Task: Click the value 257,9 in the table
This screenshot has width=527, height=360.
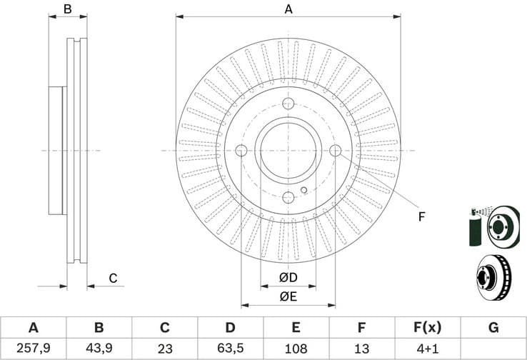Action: click(x=33, y=349)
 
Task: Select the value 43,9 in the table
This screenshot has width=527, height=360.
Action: click(x=99, y=349)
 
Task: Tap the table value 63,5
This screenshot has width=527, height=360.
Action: click(x=230, y=349)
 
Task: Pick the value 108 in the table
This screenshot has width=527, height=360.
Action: click(x=296, y=349)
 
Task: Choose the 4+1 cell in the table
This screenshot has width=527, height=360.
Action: click(x=428, y=349)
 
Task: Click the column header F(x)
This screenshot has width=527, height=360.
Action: click(x=428, y=328)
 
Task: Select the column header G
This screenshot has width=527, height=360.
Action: click(x=493, y=328)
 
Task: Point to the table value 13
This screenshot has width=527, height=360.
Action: click(x=362, y=349)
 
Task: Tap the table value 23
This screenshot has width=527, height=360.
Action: click(x=164, y=349)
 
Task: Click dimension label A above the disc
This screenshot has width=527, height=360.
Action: click(x=288, y=9)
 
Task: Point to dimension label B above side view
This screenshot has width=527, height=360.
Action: click(x=68, y=9)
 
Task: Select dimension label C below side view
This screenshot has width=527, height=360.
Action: click(x=112, y=278)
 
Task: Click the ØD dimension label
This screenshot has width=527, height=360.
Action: click(x=288, y=277)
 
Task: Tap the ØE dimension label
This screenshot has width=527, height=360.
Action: click(x=288, y=296)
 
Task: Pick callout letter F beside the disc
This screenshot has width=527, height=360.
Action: click(x=421, y=216)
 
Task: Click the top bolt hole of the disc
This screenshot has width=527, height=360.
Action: click(x=288, y=104)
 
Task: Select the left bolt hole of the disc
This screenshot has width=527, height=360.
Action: click(x=241, y=151)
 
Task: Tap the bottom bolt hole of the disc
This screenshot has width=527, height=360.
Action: click(x=288, y=198)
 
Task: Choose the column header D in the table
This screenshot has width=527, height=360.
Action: click(x=230, y=328)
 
